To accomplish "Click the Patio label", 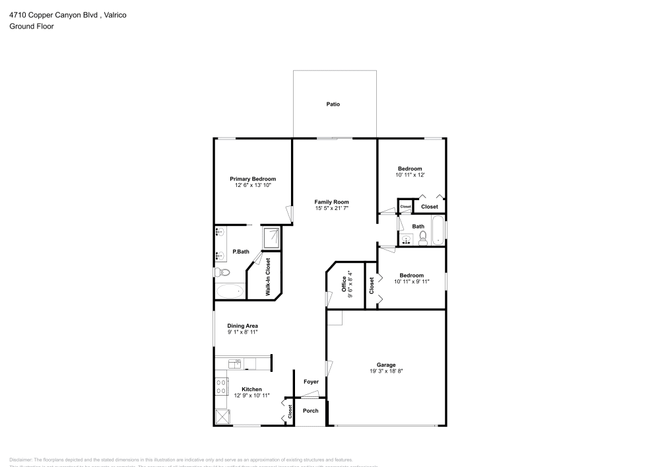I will coord(333,104).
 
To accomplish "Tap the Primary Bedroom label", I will coord(253,179).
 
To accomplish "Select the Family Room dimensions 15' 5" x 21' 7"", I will coord(331,209).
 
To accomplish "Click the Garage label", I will coord(386,365).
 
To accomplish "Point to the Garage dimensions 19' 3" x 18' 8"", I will coord(386,371).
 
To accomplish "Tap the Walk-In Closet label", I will coord(268,276).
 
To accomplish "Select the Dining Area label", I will coord(242,326).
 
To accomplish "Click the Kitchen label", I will coord(251,389).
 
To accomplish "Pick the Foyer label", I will coord(310,382).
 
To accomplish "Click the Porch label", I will coord(310,411).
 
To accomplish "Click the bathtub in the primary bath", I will coord(230,291).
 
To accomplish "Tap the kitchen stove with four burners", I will coord(221,386).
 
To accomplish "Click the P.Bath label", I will coord(241,252).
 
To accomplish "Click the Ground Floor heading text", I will coord(31,26).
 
